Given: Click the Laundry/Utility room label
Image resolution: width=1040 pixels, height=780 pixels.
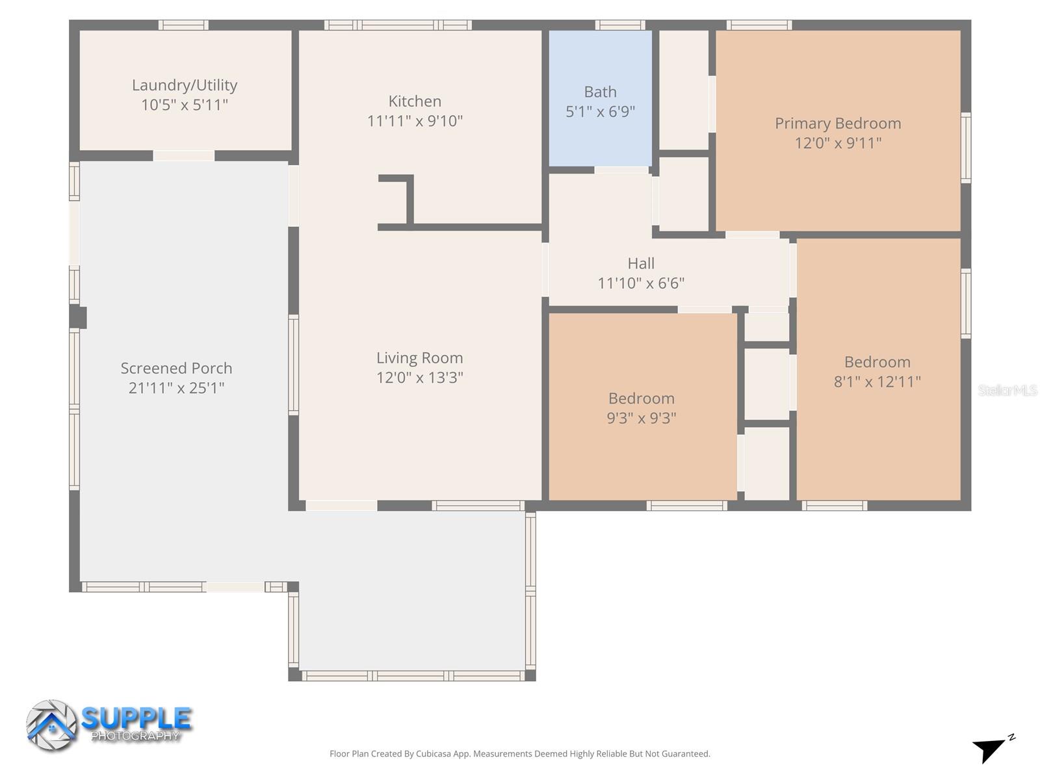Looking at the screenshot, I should pyautogui.click(x=185, y=85).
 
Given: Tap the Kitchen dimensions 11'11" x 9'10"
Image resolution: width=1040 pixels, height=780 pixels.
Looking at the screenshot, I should pyautogui.click(x=415, y=121).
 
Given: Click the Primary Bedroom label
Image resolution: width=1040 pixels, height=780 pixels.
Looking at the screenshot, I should pyautogui.click(x=837, y=123).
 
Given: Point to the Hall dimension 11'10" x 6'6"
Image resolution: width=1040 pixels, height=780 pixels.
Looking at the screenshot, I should pyautogui.click(x=641, y=283).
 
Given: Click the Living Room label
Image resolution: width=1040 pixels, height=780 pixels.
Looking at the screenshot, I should pyautogui.click(x=419, y=358).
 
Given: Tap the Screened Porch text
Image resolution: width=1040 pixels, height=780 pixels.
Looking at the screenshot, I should pyautogui.click(x=176, y=369).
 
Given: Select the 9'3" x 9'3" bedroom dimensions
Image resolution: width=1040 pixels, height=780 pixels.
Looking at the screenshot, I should pyautogui.click(x=641, y=418).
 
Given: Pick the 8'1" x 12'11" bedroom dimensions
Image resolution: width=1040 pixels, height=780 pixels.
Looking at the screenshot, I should pyautogui.click(x=877, y=382).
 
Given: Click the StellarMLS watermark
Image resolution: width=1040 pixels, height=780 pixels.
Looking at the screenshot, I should pyautogui.click(x=1007, y=391).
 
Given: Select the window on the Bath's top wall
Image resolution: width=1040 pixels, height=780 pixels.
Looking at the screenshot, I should pyautogui.click(x=620, y=25).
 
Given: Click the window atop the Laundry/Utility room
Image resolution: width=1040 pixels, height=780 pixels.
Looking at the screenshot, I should pyautogui.click(x=183, y=25).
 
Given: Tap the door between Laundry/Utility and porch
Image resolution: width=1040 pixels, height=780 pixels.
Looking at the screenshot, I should pyautogui.click(x=183, y=156).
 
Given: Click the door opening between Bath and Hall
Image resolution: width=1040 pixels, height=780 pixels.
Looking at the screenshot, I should pyautogui.click(x=621, y=170).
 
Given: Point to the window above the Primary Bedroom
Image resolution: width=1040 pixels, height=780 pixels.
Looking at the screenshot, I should pyautogui.click(x=759, y=25).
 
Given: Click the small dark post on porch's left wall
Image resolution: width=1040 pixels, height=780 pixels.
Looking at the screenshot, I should pyautogui.click(x=78, y=317).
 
